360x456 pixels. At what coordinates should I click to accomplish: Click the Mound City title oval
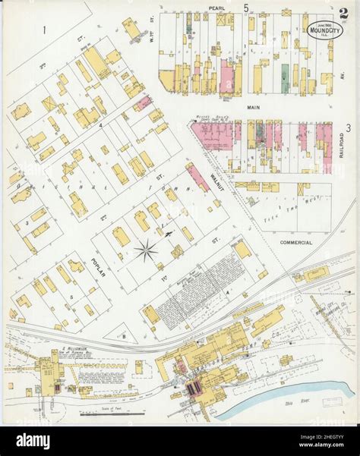[x=324, y=27]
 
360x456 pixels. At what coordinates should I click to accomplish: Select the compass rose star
[x=146, y=249]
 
